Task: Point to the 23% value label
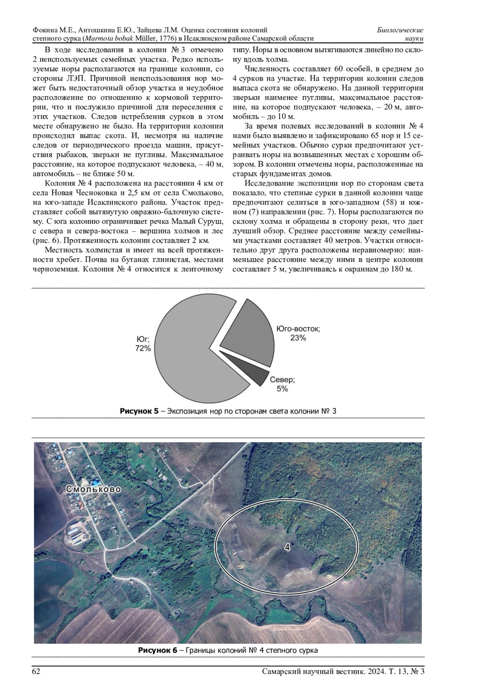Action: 298,338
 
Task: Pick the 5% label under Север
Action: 282,389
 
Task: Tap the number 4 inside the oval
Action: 287,547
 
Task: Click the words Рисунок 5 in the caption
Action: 139,411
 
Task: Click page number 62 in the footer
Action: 36,672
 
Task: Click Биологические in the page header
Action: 400,30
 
